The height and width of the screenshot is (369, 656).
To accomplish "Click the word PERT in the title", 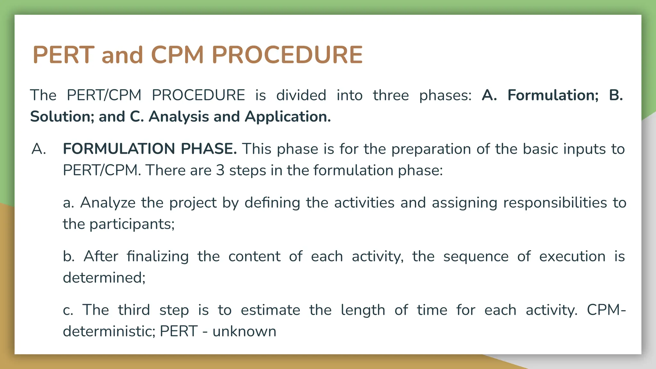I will click(x=63, y=55).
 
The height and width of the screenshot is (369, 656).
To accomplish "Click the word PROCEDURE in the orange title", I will click(x=287, y=55).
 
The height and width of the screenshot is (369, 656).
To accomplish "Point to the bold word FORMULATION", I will click(x=119, y=149).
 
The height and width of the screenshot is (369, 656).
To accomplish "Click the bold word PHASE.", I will click(x=209, y=149).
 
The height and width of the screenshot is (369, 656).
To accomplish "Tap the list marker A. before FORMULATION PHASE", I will click(x=39, y=149).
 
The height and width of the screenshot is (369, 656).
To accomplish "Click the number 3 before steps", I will click(x=220, y=170).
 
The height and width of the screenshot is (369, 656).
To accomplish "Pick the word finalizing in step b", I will click(x=158, y=257).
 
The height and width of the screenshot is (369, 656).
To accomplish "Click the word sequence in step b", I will click(x=476, y=257).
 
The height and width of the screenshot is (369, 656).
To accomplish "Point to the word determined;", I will click(x=104, y=278).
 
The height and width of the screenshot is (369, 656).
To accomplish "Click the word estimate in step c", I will click(x=270, y=310).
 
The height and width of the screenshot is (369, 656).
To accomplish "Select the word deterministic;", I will click(x=109, y=331).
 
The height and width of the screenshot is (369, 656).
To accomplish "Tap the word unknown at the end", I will click(x=244, y=331).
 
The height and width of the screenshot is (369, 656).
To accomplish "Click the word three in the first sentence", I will click(x=390, y=95).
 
